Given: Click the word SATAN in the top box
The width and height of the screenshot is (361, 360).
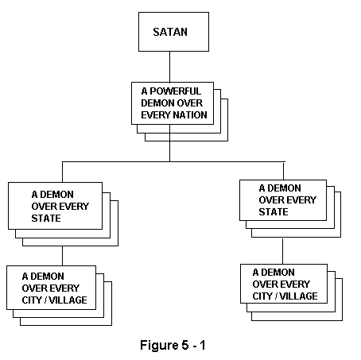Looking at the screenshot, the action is (170, 32).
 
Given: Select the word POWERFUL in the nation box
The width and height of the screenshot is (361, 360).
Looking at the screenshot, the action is (175, 91).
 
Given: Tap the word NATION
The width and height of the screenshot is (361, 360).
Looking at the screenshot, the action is (190, 115).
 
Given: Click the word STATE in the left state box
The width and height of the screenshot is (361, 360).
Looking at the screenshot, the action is (46, 219).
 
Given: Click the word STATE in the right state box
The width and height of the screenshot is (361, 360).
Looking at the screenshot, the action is (274, 212).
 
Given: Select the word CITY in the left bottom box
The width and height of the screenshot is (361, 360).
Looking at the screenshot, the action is (32, 300).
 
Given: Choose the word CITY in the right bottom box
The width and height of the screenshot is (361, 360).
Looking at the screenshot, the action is (262, 296).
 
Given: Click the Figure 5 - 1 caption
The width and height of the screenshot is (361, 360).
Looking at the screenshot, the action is (173, 345).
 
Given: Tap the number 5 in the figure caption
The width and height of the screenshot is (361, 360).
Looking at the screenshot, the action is (184, 345).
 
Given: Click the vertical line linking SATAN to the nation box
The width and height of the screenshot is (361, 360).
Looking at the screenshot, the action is (169, 67).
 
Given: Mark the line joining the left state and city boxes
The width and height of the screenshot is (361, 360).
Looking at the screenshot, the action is (62, 256).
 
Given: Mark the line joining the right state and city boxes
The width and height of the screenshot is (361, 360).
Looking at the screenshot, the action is (282, 251).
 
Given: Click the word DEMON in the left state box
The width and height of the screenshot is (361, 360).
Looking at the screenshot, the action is (56, 195).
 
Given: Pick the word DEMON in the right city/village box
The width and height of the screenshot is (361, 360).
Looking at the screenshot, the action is (278, 273).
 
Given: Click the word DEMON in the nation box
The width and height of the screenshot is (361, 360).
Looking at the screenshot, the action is (157, 103).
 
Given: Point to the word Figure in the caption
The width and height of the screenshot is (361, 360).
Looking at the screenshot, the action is (159, 346).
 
